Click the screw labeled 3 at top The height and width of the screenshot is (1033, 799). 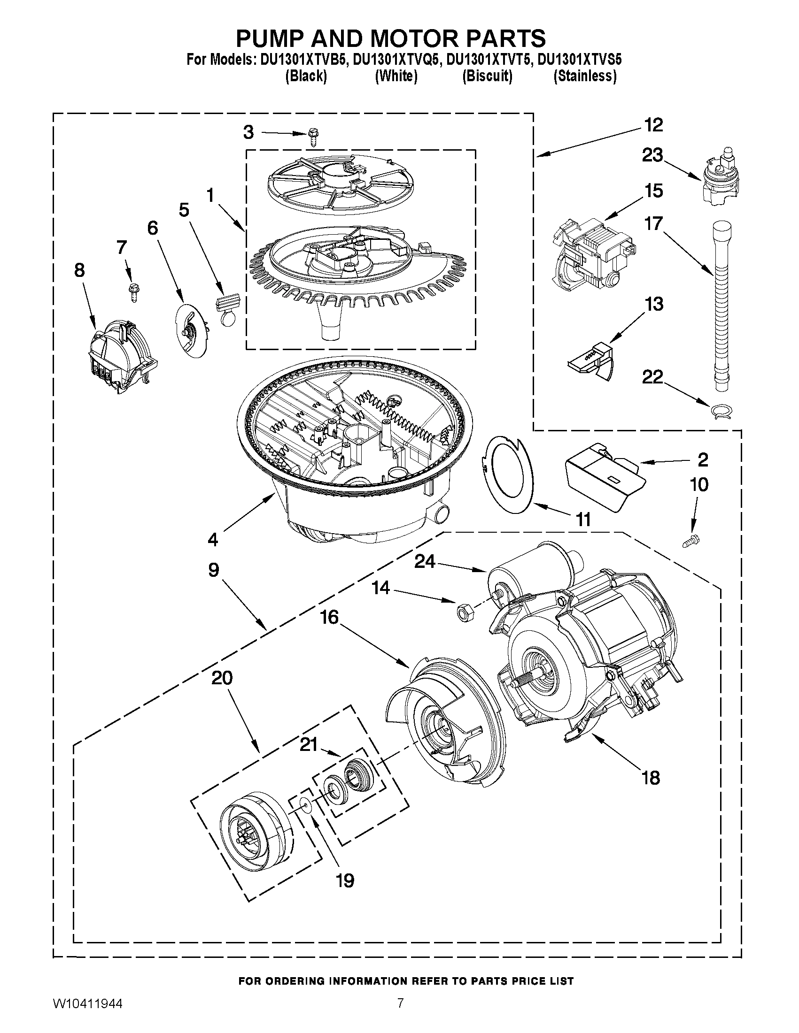click(x=312, y=136)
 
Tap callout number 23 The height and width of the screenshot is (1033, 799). click(x=652, y=155)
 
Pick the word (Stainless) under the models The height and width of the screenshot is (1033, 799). click(x=585, y=76)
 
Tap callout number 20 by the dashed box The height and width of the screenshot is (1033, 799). click(x=222, y=678)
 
